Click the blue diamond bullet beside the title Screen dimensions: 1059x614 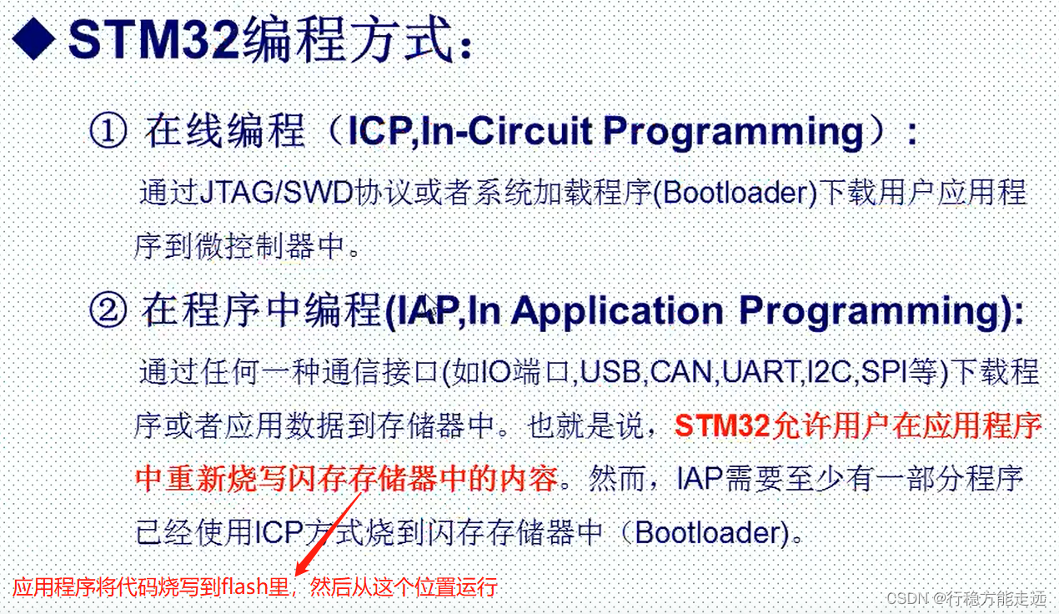point(33,38)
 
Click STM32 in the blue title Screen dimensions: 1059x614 point(153,38)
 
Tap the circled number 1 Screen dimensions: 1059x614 point(108,130)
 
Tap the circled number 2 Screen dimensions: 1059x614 point(108,310)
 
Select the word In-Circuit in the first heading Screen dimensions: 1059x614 point(505,131)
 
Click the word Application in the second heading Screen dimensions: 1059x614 point(616,311)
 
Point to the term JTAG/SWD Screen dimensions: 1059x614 point(277,192)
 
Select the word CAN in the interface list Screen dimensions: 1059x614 point(681,372)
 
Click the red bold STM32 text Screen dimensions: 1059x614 point(722,425)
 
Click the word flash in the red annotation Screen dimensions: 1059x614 point(245,587)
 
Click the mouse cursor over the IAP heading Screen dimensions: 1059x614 point(431,305)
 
